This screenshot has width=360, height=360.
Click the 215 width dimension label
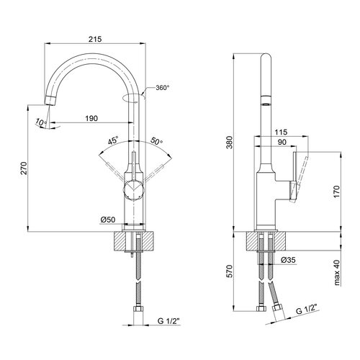(95, 39)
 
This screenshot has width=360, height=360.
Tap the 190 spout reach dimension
(91, 118)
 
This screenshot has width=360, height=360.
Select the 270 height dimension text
(24, 168)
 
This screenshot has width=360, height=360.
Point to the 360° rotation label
(163, 88)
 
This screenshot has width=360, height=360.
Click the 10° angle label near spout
(41, 122)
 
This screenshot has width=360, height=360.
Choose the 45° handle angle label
(113, 140)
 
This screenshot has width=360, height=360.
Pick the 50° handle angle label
(156, 141)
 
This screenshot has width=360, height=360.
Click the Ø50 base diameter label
(108, 220)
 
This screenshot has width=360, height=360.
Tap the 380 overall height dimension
(230, 143)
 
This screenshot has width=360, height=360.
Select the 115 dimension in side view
(281, 132)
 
